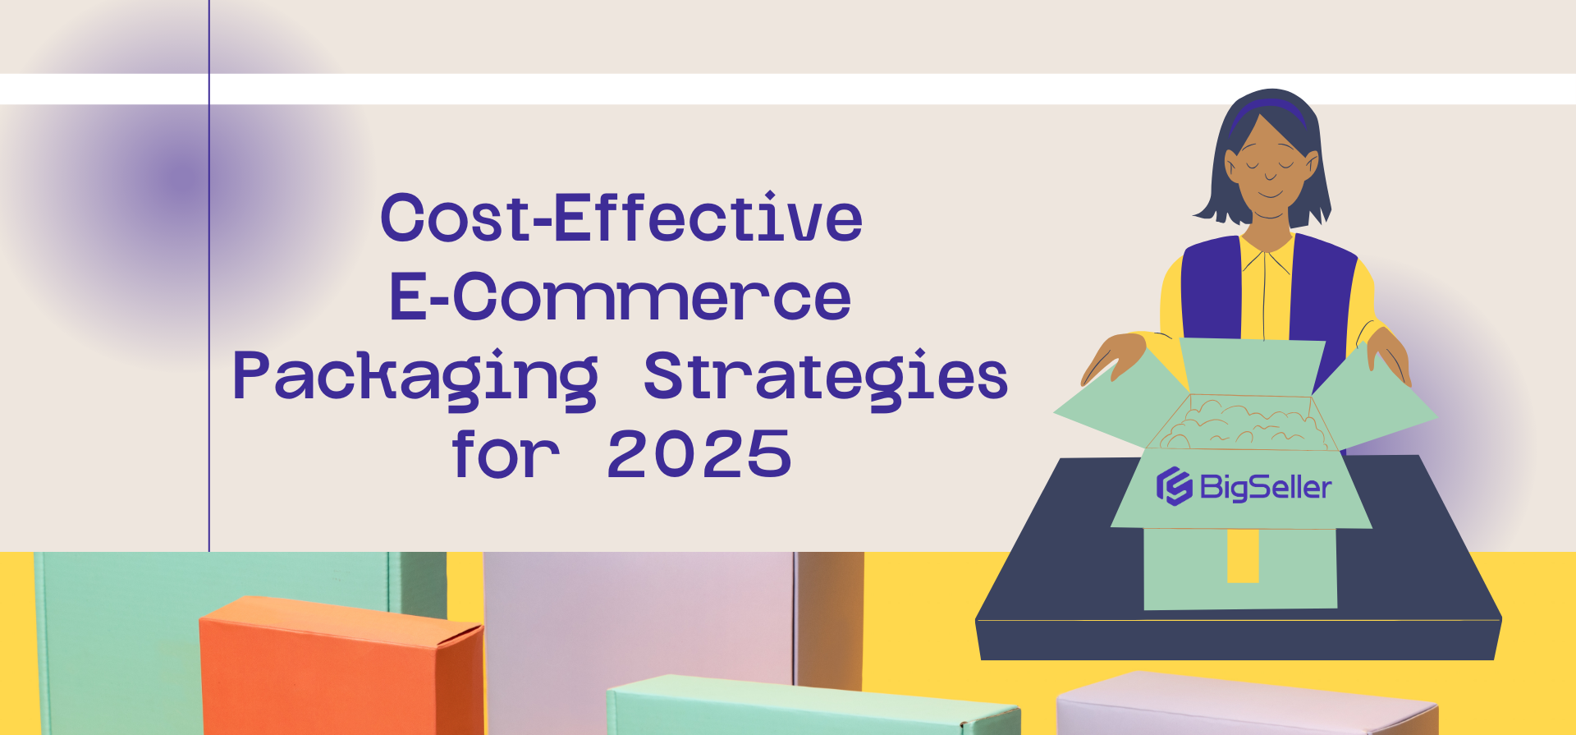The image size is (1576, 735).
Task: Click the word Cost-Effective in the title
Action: [621, 218]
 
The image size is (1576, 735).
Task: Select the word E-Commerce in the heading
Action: [620, 296]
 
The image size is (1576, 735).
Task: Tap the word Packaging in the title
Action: [415, 377]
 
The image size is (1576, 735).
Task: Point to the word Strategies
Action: [826, 377]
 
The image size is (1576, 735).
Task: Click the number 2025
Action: [699, 454]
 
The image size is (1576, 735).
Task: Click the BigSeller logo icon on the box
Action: [1174, 486]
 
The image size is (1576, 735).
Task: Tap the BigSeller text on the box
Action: [1265, 487]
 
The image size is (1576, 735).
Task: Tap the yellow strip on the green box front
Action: [1243, 555]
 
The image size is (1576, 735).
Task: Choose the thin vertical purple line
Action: [209, 328]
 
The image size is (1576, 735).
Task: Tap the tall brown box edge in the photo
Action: [829, 616]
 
